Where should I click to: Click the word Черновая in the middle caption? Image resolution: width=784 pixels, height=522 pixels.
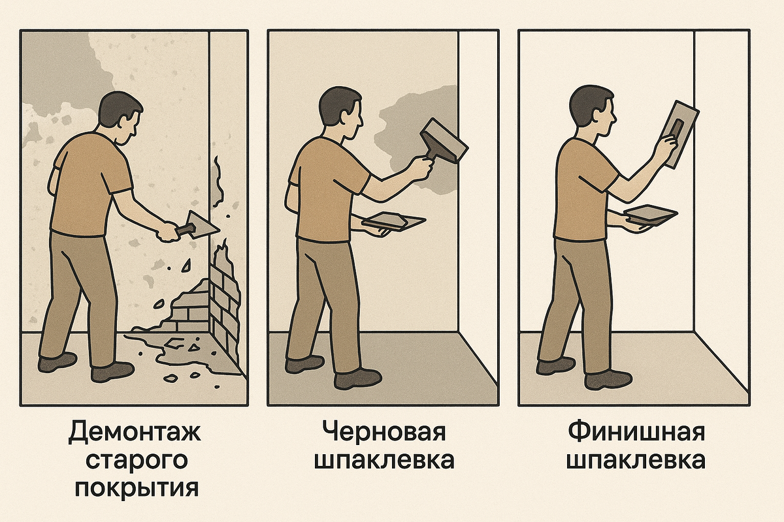tap(384, 433)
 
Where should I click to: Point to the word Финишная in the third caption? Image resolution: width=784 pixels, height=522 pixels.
tap(635, 433)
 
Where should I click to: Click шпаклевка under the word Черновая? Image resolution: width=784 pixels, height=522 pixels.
tap(384, 461)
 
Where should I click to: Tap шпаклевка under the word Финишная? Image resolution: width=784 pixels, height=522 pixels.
tap(635, 461)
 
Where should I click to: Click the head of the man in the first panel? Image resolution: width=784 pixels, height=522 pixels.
tap(121, 117)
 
